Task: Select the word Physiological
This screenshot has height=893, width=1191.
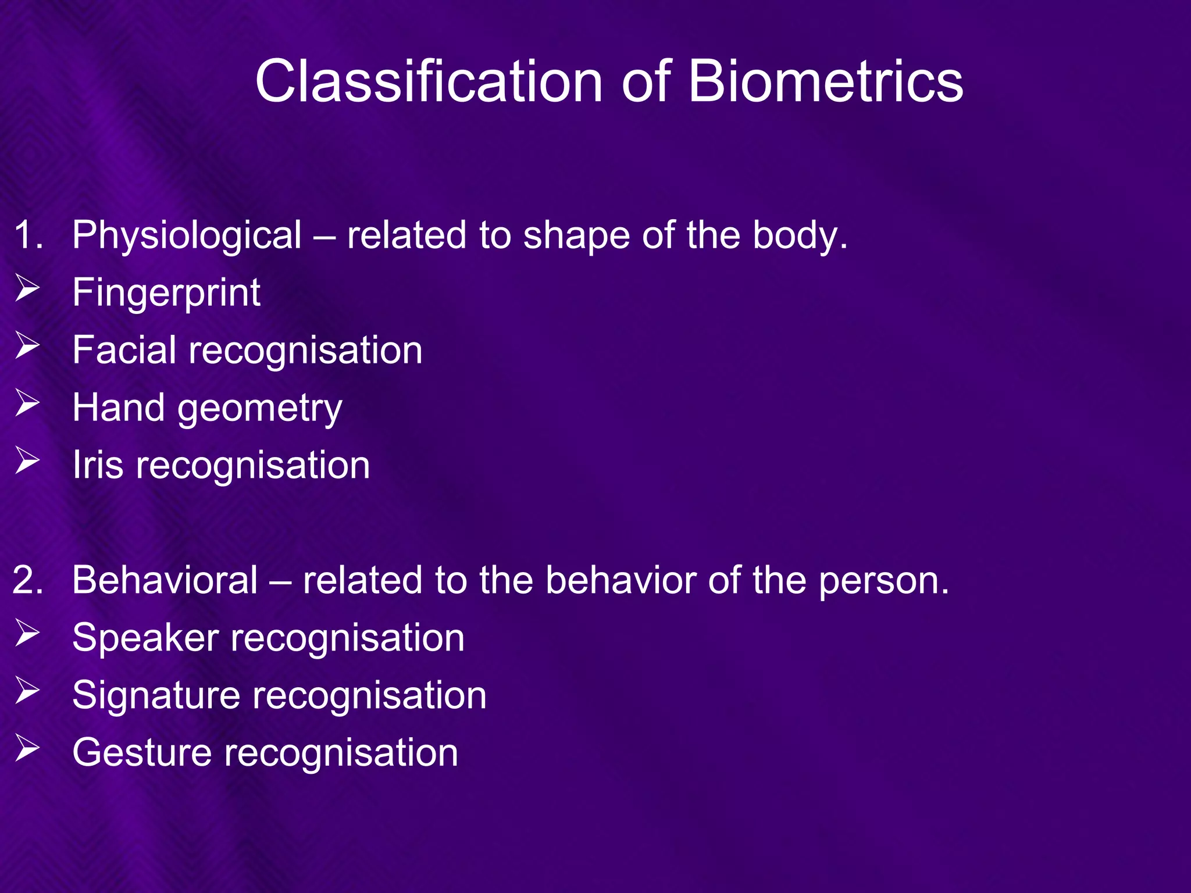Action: [187, 236]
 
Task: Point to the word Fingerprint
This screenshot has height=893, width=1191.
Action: [166, 293]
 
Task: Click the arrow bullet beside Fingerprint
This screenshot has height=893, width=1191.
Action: [27, 288]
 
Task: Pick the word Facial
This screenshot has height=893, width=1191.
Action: [124, 350]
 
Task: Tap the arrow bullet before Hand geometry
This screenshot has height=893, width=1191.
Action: [27, 403]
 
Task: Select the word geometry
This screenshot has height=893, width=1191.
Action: [260, 409]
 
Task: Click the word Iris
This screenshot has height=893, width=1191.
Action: [98, 465]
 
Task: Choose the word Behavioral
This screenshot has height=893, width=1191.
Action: [165, 580]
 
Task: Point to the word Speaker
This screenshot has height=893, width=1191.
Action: [145, 638]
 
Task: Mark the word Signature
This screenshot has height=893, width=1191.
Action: [156, 696]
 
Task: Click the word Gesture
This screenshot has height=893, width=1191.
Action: [142, 753]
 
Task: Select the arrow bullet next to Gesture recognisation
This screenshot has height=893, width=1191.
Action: [27, 748]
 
